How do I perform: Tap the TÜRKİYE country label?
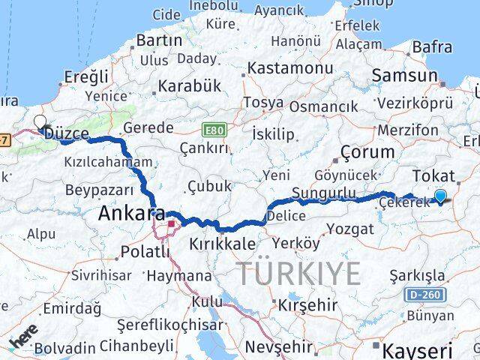(x=298, y=273)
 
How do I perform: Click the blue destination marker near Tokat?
(x=440, y=196)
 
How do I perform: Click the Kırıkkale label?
(x=223, y=244)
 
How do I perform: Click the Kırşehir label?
(x=307, y=306)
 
